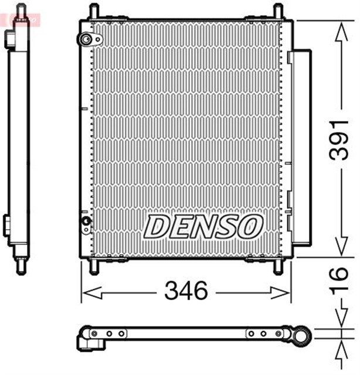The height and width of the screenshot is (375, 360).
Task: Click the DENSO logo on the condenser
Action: point(203,226)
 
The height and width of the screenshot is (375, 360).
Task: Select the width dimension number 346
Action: point(186,291)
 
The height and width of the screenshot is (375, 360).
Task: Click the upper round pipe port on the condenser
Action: point(86,40)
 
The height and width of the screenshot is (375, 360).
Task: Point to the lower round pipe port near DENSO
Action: point(86,221)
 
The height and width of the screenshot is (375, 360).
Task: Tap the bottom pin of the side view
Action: point(21,267)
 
